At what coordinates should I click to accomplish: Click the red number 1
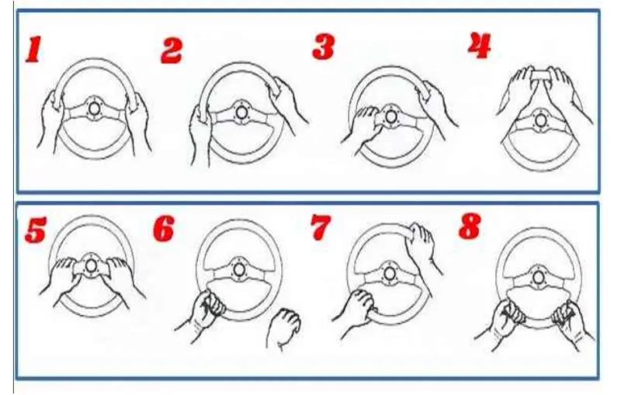(x=33, y=50)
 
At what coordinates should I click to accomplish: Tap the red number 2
(x=171, y=50)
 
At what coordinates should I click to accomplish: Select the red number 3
(x=323, y=47)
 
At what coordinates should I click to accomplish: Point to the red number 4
(x=480, y=46)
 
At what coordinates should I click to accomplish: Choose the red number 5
(x=35, y=230)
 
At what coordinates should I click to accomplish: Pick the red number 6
(x=164, y=227)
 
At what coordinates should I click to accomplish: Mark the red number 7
(x=321, y=227)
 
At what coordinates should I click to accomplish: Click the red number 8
(x=470, y=226)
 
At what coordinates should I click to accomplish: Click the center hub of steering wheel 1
(x=94, y=108)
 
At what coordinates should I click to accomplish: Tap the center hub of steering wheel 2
(x=240, y=113)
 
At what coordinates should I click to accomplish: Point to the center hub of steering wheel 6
(x=238, y=269)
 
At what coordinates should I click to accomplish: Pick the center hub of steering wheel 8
(x=538, y=277)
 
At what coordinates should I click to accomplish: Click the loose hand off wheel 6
(x=283, y=327)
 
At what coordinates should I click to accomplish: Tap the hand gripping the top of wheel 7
(x=422, y=245)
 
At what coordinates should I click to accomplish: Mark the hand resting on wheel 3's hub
(x=363, y=127)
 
